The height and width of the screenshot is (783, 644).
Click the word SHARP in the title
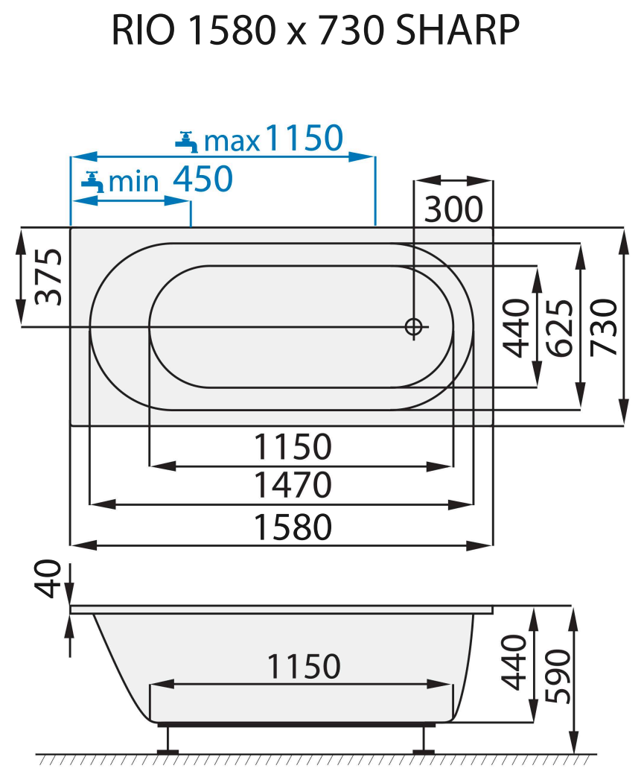coord(457,31)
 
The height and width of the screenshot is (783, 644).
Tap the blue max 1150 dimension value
coord(304,139)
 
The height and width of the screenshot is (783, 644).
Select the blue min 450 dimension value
coord(203,179)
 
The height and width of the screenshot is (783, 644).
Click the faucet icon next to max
coord(186,140)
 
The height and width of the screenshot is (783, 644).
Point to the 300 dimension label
coord(453,210)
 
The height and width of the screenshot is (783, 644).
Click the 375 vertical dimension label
coord(50,277)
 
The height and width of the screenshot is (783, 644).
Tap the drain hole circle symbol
coord(414,326)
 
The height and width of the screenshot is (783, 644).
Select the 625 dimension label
coord(559,326)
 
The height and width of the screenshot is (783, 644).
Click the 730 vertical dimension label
coord(604,326)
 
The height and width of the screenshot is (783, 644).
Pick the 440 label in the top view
coord(515,326)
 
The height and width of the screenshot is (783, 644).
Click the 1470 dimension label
coord(292,486)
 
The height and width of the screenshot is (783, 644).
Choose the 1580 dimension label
coord(292,527)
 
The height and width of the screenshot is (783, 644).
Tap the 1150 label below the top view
coord(292,447)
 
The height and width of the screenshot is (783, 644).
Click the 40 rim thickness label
coord(50,580)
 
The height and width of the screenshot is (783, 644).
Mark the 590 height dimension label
coord(558,676)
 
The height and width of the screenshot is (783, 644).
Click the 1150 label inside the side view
coord(303,666)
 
